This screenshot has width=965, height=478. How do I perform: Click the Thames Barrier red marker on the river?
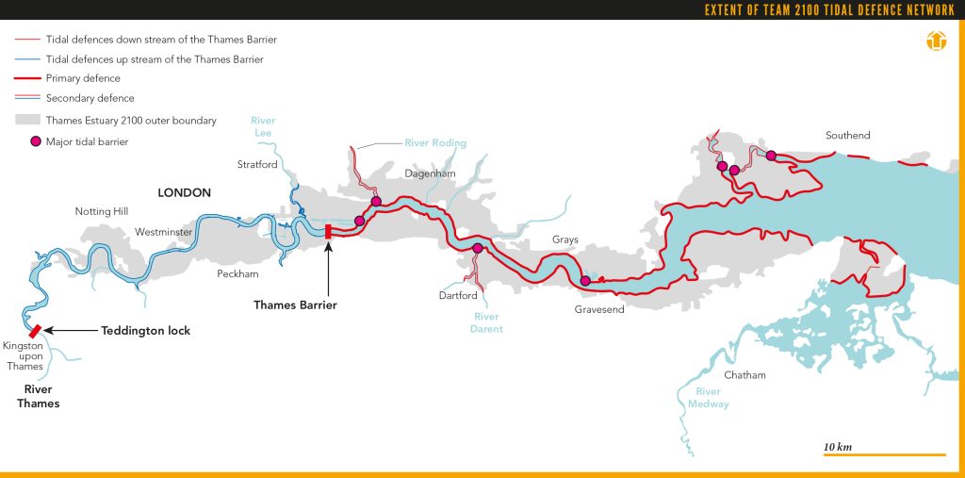[328, 232]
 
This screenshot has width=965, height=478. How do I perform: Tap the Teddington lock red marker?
[35, 331]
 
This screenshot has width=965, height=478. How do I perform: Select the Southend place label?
[847, 136]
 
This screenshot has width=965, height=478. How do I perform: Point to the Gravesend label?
[599, 310]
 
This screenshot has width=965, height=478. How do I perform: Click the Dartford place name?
[459, 295]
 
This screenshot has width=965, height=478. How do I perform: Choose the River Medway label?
[708, 398]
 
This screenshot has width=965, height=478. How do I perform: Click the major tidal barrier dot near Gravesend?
[585, 280]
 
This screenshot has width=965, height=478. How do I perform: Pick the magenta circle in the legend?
[35, 141]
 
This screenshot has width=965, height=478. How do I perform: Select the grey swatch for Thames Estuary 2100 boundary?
[27, 121]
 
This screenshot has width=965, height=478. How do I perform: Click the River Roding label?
[435, 143]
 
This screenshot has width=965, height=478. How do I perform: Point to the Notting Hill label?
[101, 211]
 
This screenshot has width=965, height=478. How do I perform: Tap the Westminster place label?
[164, 231]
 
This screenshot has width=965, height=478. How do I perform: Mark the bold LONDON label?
[185, 192]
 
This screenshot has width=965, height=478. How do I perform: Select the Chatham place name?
[744, 375]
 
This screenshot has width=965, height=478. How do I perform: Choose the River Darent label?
[487, 323]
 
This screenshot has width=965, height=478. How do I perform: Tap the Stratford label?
[257, 165]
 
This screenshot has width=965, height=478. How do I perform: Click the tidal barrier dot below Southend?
[770, 156]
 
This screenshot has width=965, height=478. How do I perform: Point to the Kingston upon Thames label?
[25, 356]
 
